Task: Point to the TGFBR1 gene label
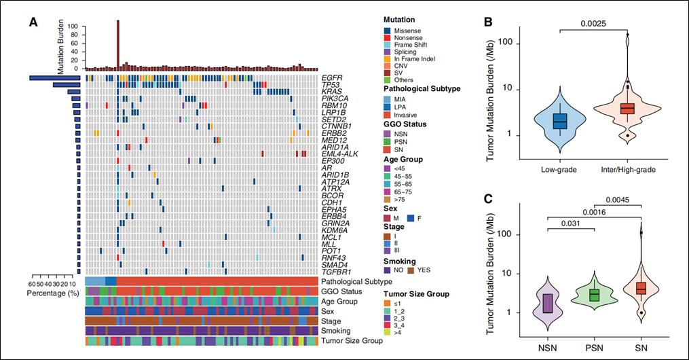[x=335, y=270]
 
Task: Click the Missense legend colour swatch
[x=388, y=31]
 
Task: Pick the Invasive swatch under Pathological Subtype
[x=388, y=115]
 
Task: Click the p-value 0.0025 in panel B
[x=593, y=23]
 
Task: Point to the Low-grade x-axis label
[x=560, y=168]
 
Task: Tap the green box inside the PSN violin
[x=595, y=295]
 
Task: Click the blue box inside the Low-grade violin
[x=560, y=121]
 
